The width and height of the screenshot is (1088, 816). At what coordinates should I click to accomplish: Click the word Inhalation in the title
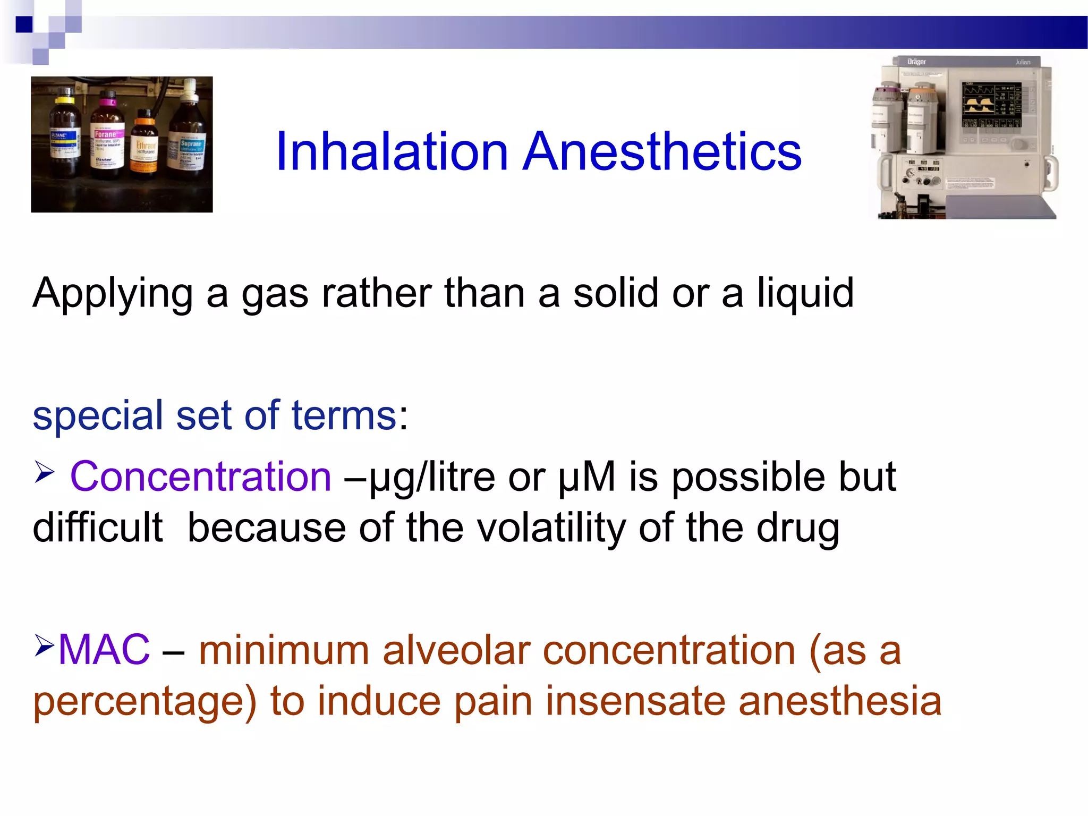(392, 152)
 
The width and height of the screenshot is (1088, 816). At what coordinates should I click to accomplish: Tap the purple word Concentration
(201, 477)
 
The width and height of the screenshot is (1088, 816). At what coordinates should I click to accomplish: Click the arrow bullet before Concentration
(45, 472)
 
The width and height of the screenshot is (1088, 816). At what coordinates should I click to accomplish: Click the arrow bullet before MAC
(45, 644)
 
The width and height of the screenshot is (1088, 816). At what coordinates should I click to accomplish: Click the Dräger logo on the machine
(916, 62)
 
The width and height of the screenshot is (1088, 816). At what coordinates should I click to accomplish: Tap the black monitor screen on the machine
(991, 105)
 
